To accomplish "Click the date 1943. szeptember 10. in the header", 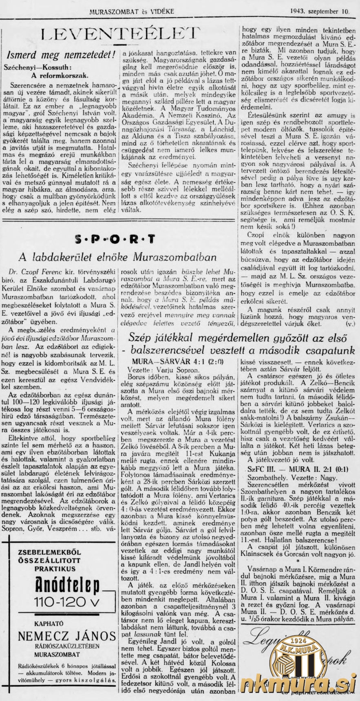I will (x=320, y=12).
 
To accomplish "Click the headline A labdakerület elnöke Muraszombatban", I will (x=118, y=257).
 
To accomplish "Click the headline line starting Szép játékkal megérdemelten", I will (x=237, y=338).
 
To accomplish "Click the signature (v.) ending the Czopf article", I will (x=350, y=324).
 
